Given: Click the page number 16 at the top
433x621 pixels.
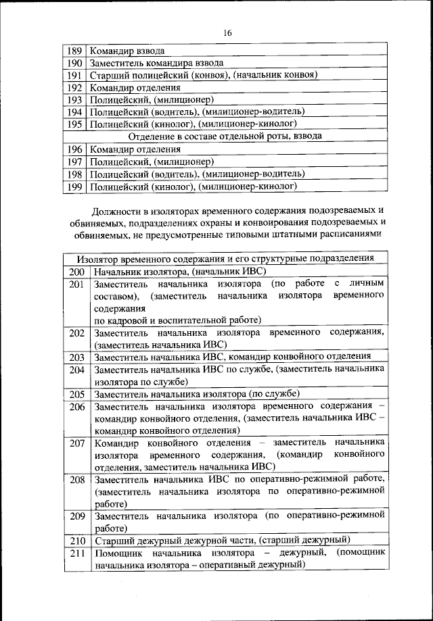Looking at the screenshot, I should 226,33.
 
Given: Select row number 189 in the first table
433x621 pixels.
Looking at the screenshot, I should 74,51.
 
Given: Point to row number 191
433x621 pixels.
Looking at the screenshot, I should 74,75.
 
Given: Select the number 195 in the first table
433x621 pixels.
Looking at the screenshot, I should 74,124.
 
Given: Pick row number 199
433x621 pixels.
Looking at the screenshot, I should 74,186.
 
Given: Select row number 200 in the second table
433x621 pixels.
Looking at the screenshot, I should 76,271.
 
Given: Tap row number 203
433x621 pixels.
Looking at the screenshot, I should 76,357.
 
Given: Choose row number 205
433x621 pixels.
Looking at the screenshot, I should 76,394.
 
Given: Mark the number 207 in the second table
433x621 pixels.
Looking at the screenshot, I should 76,443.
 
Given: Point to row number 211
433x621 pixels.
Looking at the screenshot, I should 76,552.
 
